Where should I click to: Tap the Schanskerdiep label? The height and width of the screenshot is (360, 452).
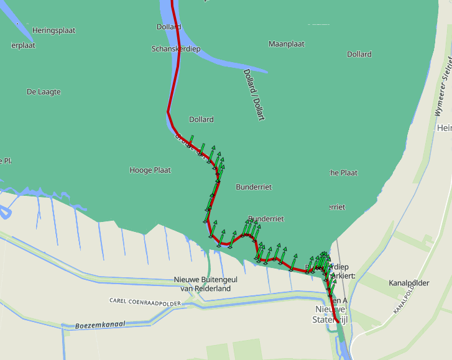tap(176, 48)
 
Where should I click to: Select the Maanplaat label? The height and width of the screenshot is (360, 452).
tap(286, 44)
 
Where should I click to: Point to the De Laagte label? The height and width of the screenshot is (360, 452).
tap(44, 91)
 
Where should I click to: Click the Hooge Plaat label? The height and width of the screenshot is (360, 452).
tap(150, 170)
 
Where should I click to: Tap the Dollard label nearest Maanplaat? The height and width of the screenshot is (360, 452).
tap(359, 55)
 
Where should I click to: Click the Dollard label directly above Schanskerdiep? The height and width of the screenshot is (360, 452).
tap(168, 27)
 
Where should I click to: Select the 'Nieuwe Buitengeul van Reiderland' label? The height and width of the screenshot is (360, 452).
tap(205, 284)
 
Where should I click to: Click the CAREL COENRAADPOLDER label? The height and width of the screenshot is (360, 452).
tap(145, 302)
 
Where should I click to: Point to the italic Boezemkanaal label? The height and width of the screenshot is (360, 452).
tap(100, 325)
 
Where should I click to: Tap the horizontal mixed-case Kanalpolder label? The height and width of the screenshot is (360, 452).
tap(408, 283)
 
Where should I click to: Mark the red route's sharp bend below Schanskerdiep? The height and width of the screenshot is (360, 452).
tap(168, 112)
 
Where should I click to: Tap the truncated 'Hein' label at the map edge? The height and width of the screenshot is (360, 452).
tap(444, 128)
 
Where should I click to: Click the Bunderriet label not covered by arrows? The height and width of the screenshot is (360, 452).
tap(253, 187)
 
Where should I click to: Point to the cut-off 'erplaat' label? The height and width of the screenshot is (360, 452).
tap(24, 45)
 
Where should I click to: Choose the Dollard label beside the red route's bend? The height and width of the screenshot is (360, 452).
tap(201, 119)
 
